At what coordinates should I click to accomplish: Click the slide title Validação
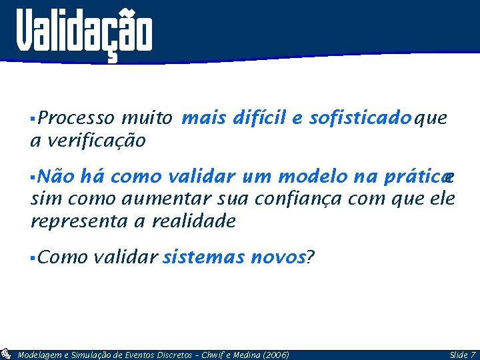[x=85, y=32]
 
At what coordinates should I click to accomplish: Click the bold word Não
[x=57, y=176]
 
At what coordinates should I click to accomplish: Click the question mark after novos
[x=309, y=257]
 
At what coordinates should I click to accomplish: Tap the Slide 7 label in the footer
[x=462, y=355]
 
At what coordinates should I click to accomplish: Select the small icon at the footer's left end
[x=6, y=354]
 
